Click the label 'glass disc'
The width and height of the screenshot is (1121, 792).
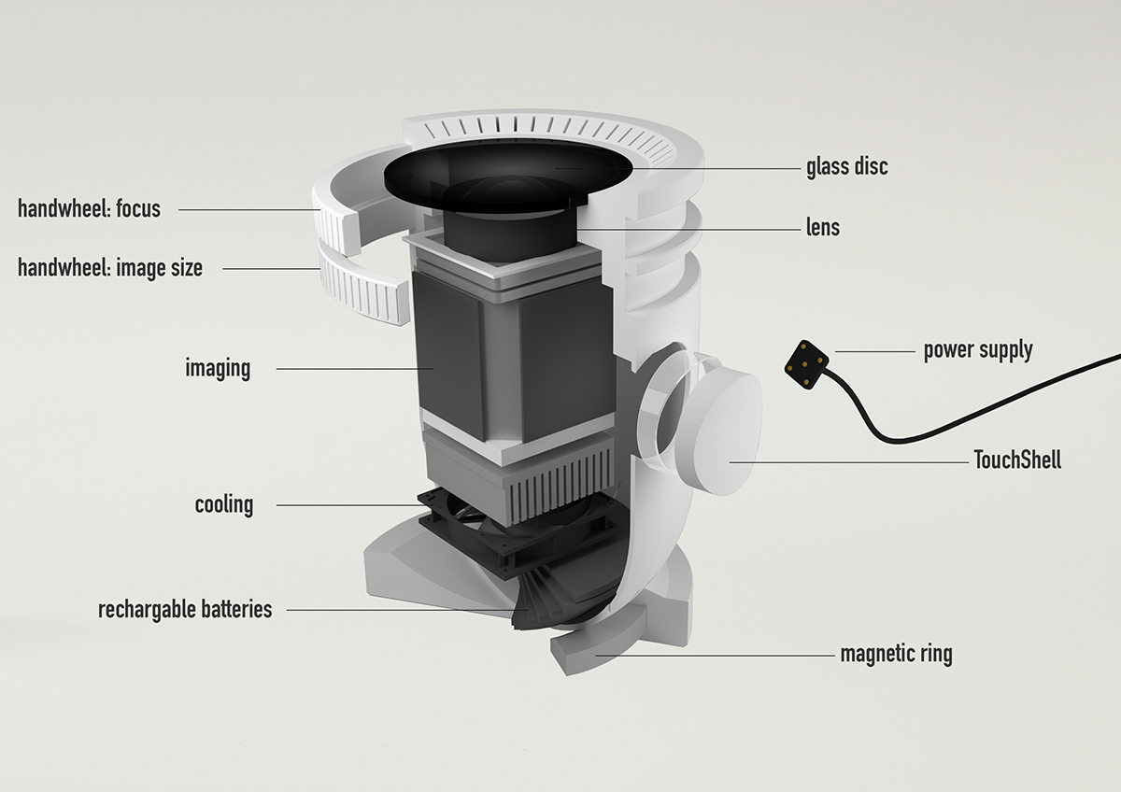pyautogui.click(x=846, y=167)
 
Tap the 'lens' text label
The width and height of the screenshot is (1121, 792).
pyautogui.click(x=822, y=227)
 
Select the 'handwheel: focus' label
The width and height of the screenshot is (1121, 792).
pyautogui.click(x=89, y=208)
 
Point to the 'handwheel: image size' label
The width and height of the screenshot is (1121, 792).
pyautogui.click(x=109, y=269)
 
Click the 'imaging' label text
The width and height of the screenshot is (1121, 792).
pyautogui.click(x=218, y=368)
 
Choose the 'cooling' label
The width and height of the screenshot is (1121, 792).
pyautogui.click(x=224, y=505)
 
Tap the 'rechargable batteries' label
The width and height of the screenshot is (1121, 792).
pyautogui.click(x=185, y=610)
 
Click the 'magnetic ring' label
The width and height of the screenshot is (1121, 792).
pyautogui.click(x=896, y=653)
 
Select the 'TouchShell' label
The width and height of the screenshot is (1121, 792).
pyautogui.click(x=1017, y=460)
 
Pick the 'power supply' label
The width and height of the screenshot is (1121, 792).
pyautogui.click(x=977, y=350)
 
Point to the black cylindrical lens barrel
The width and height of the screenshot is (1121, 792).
pyautogui.click(x=509, y=233)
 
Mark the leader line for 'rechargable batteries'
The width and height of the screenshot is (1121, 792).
pyautogui.click(x=402, y=611)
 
